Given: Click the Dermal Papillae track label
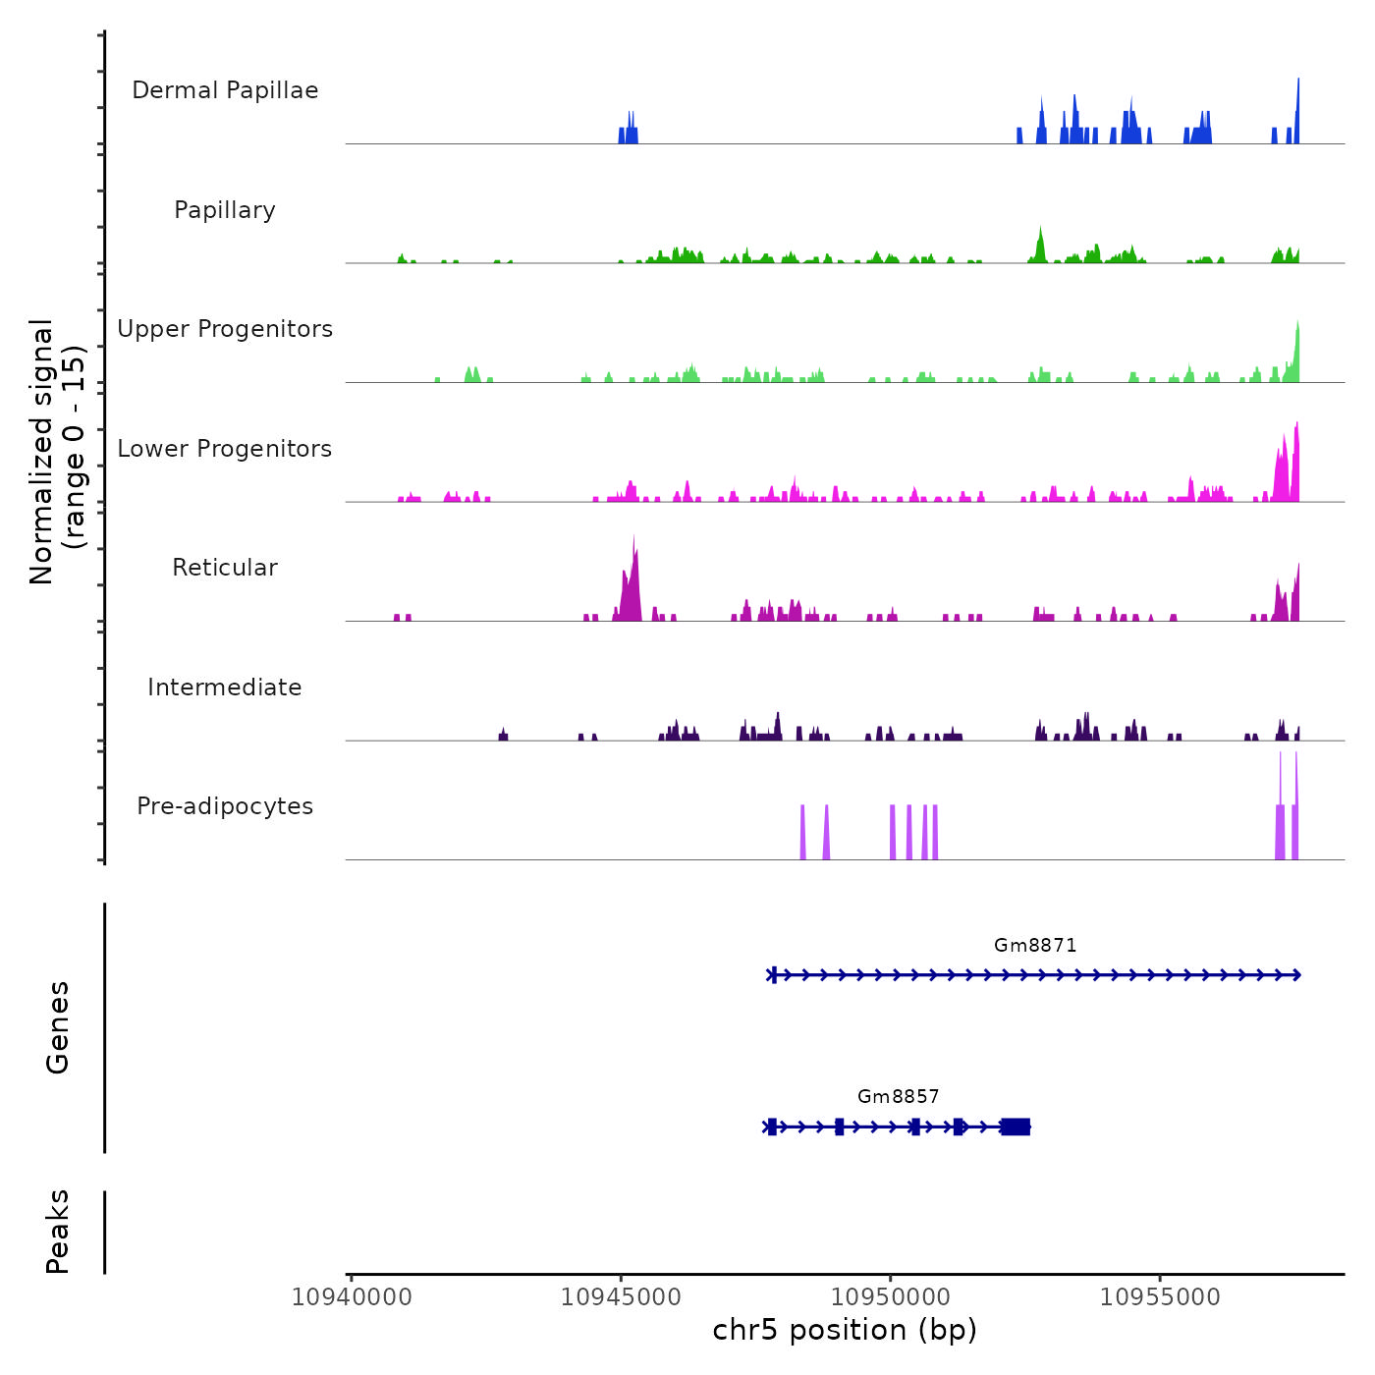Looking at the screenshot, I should pyautogui.click(x=225, y=90).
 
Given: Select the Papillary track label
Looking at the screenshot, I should pyautogui.click(x=225, y=210).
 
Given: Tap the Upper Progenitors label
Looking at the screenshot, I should pyautogui.click(x=225, y=329).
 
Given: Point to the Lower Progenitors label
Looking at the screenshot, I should pyautogui.click(x=225, y=449).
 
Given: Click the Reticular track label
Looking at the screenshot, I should pyautogui.click(x=225, y=568).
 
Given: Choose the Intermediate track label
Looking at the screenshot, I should pyautogui.click(x=225, y=687).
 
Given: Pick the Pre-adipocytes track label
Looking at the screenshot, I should pyautogui.click(x=225, y=806).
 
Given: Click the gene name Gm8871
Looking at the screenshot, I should pyautogui.click(x=1035, y=945).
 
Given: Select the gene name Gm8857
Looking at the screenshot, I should pyautogui.click(x=899, y=1096).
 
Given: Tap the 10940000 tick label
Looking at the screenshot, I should pyautogui.click(x=352, y=1297).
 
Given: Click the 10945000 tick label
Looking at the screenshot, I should pyautogui.click(x=621, y=1297).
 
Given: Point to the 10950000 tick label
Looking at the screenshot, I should pyautogui.click(x=891, y=1297).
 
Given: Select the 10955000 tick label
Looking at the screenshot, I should pyautogui.click(x=1160, y=1297).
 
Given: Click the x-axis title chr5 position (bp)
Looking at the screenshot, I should pyautogui.click(x=845, y=1331).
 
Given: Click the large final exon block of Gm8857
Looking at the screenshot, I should pyautogui.click(x=1016, y=1127).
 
